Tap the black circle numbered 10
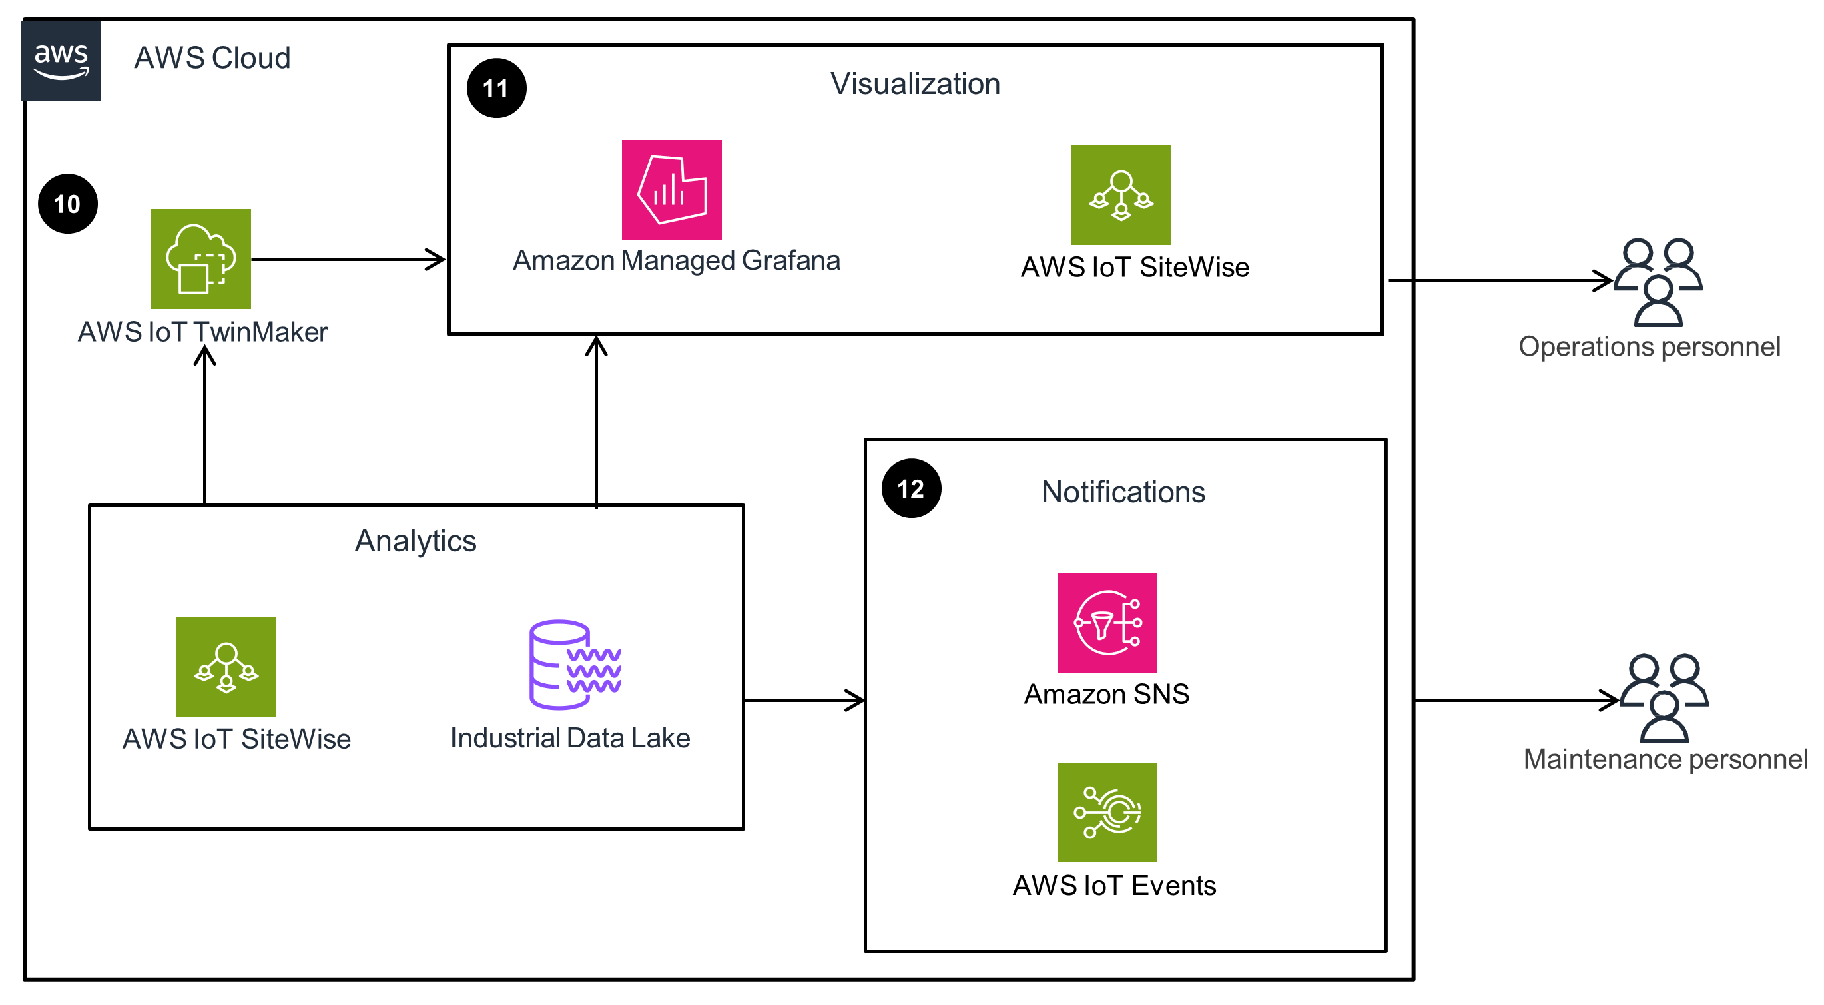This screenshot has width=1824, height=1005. pos(67,204)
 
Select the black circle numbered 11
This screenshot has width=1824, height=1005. pos(495,88)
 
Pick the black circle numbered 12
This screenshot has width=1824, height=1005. pos(910,488)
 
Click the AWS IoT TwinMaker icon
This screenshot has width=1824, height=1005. pos(200,258)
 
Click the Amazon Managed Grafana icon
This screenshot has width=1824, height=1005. pos(671,189)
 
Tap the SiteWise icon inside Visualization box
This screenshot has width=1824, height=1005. pos(1120,194)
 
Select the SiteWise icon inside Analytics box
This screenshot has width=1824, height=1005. pos(226,667)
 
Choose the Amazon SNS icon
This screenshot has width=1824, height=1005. pos(1106,622)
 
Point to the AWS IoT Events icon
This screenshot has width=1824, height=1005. pos(1106,812)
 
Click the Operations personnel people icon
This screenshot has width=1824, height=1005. pos(1657,282)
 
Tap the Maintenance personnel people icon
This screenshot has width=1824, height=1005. pos(1664,697)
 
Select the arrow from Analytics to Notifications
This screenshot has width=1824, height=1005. pos(804,700)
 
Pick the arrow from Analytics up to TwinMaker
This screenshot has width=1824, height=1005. pos(204,425)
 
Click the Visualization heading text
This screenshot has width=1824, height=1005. pos(914,83)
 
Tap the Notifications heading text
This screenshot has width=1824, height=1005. pos(1122,492)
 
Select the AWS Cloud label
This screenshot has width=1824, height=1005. pos(212,58)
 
